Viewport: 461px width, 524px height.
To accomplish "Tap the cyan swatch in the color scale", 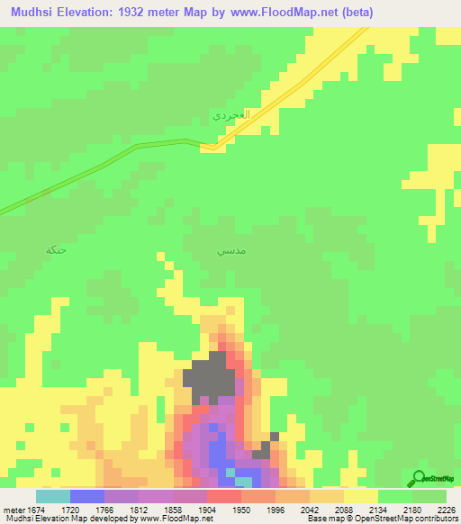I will (x=53, y=496).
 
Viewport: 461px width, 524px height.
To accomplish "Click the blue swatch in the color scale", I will (x=87, y=496).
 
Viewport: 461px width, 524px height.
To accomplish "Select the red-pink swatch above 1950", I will (x=224, y=496).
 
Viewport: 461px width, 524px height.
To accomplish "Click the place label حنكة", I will (x=56, y=249).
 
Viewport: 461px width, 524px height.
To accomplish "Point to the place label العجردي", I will (x=229, y=116).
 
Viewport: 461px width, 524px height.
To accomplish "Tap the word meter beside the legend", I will (x=11, y=509).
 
